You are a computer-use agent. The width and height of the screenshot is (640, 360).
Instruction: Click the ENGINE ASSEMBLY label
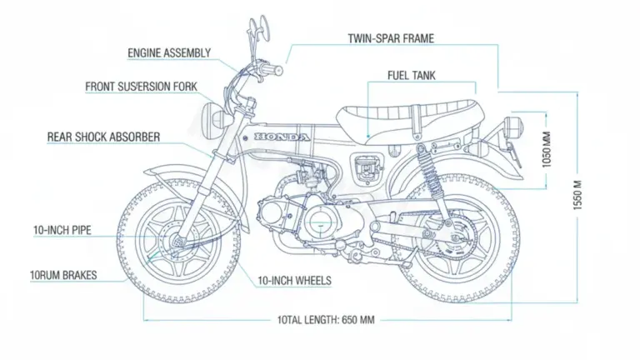(168, 53)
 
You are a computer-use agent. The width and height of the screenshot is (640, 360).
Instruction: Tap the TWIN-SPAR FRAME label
(390, 38)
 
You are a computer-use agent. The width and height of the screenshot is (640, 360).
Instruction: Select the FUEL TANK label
(411, 75)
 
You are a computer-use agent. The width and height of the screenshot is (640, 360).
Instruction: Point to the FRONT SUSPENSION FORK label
(141, 87)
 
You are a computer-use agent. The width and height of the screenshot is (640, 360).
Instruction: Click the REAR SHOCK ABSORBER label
(103, 136)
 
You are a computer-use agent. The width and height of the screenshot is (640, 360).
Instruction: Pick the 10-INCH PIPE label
(62, 230)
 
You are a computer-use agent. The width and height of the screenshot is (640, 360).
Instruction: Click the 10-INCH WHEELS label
(294, 281)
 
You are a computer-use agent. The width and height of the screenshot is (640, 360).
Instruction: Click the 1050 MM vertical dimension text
(547, 151)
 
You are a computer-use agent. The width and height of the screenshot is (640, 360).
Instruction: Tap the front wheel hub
(177, 242)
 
